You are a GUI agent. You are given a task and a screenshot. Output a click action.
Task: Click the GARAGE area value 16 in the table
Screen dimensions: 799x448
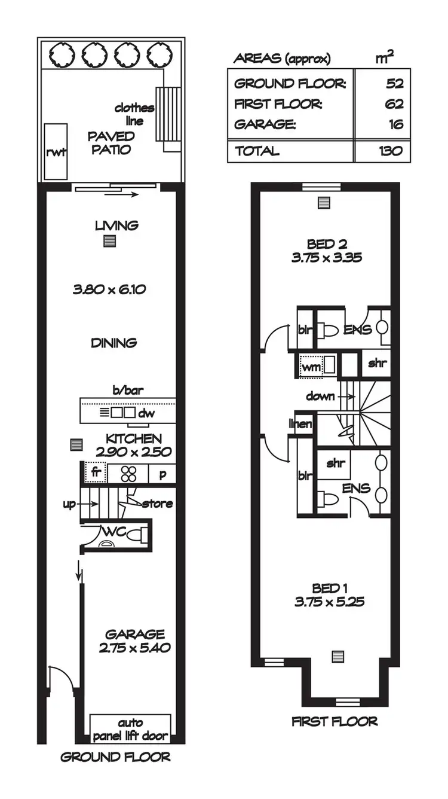pos(395,124)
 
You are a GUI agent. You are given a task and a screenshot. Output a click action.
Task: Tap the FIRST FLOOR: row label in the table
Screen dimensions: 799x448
pos(278,104)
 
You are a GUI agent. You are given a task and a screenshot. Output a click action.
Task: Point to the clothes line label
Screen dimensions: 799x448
pos(134,114)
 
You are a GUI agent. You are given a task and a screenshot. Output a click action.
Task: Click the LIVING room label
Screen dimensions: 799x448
pos(117,225)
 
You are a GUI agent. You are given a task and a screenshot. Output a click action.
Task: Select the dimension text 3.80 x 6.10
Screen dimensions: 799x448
pos(110,289)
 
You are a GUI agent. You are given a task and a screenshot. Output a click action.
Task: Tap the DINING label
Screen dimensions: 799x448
pos(114,343)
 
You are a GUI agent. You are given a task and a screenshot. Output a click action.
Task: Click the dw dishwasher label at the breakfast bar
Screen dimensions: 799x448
pos(146,413)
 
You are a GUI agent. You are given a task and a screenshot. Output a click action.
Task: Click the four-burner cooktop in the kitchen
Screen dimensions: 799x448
pos(128,473)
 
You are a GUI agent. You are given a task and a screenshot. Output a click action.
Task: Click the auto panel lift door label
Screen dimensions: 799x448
pos(130,730)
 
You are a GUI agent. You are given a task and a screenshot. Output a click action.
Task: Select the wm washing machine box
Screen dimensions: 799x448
pos(311,367)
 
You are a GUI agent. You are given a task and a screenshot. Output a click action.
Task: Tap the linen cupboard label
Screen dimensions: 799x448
pos(300,424)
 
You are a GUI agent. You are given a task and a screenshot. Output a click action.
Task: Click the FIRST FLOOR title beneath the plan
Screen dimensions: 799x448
pos(335,721)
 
